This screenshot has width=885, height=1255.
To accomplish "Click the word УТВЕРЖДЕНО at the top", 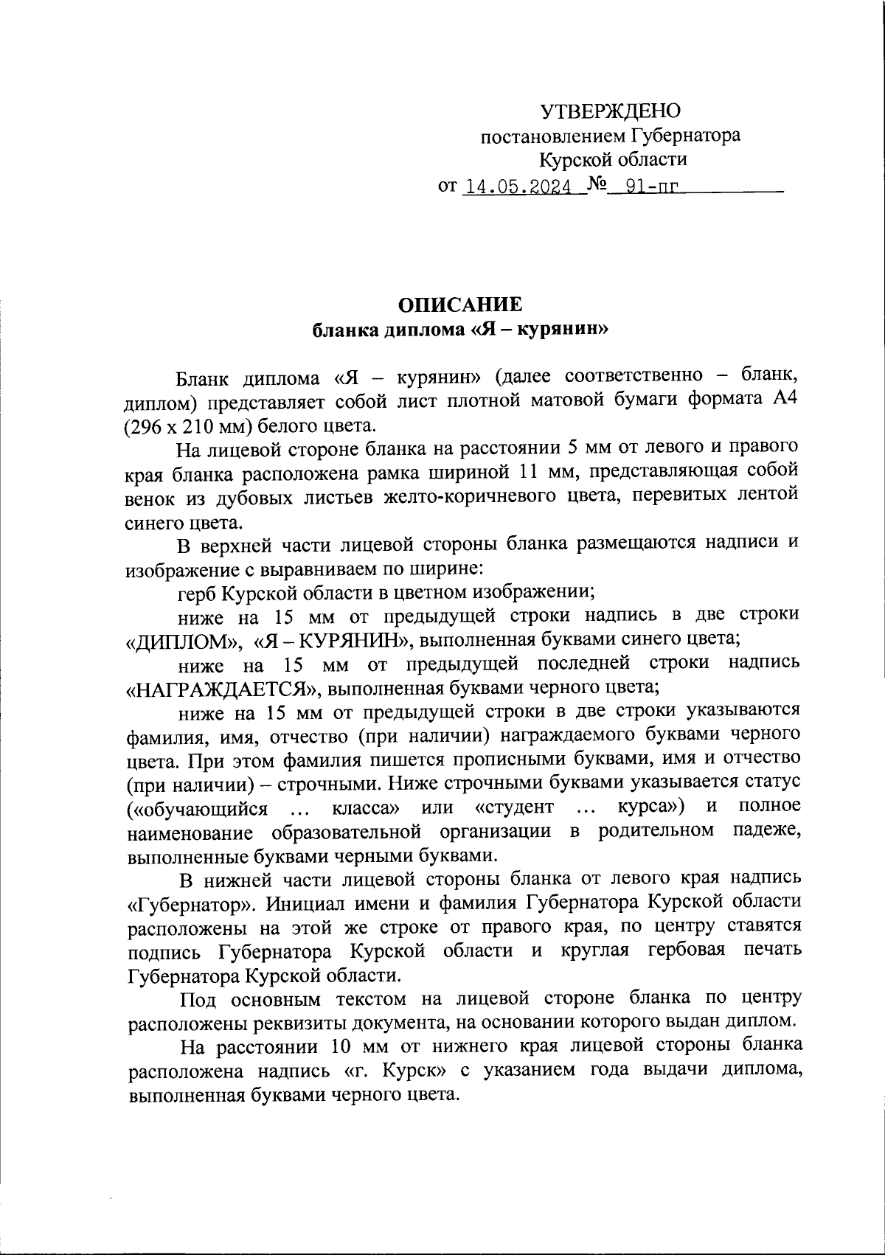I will pyautogui.click(x=611, y=111).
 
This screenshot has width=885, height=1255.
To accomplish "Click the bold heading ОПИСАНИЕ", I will pyautogui.click(x=460, y=305).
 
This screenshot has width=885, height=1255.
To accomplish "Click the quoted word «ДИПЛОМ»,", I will pyautogui.click(x=184, y=639).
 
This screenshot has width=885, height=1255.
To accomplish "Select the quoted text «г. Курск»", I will pyautogui.click(x=395, y=1070).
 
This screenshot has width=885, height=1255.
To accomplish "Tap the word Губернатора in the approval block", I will pyautogui.click(x=685, y=136).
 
